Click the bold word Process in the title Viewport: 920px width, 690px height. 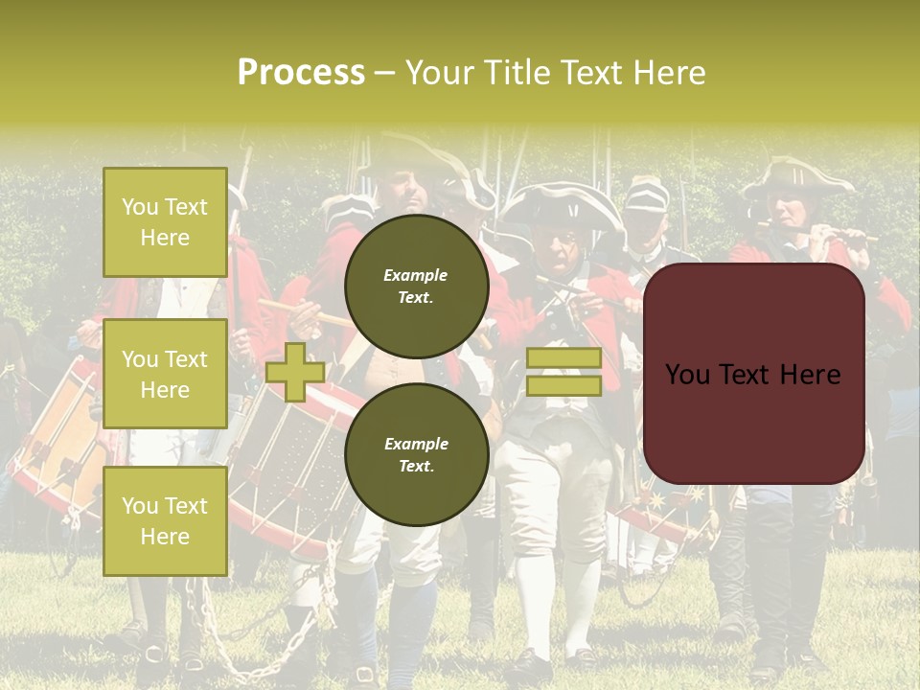tap(301, 73)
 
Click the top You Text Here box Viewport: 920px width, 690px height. tap(165, 222)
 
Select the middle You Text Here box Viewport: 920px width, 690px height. tap(165, 374)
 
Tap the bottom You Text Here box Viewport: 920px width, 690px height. tap(165, 520)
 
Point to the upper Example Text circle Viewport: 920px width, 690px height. tap(416, 286)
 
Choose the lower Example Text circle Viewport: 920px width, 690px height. tap(416, 454)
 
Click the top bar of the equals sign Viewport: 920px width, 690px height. tap(563, 358)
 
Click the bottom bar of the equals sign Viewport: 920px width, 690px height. tap(563, 385)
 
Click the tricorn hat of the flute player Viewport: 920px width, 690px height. tap(794, 176)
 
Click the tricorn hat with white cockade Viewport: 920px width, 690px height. tap(561, 206)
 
